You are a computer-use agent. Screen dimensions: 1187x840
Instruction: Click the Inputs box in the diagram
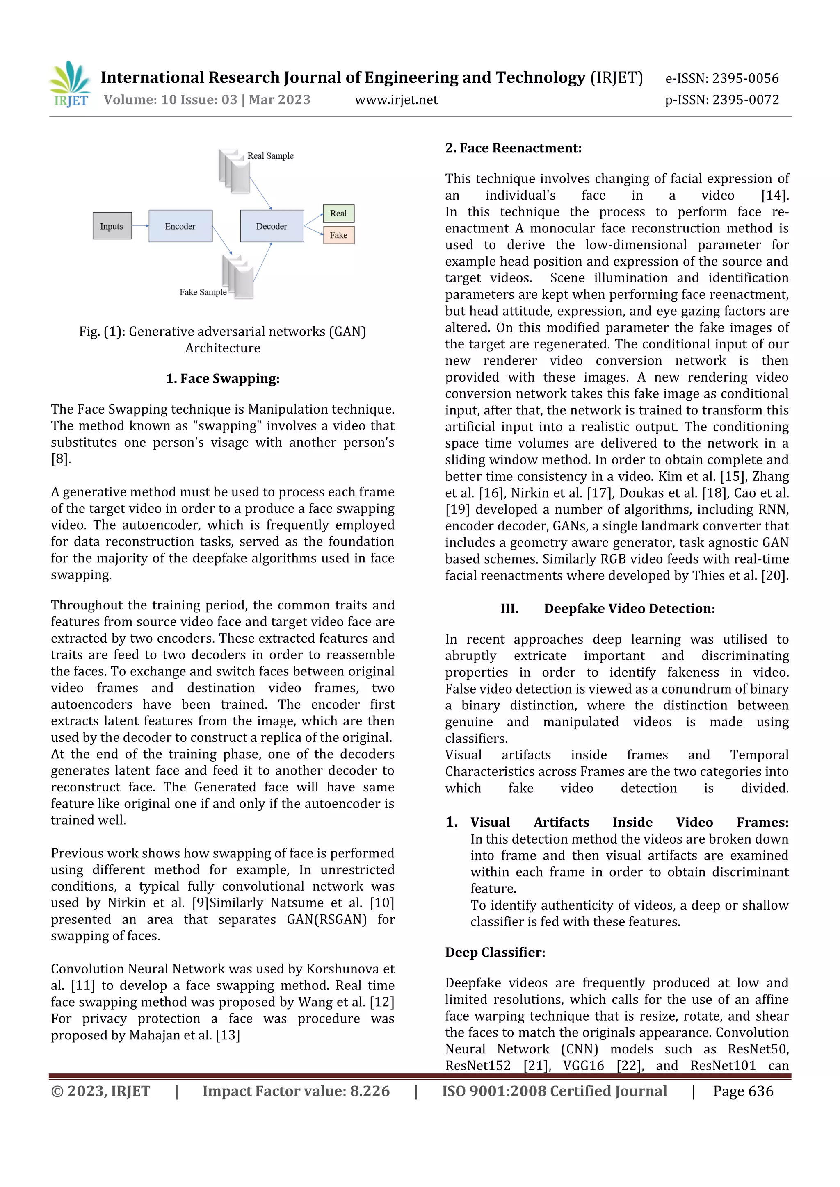(x=112, y=226)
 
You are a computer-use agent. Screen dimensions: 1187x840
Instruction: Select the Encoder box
(x=180, y=226)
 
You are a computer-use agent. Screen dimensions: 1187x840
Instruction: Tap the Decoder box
(x=272, y=226)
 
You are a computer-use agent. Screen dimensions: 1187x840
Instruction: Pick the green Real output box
(x=338, y=213)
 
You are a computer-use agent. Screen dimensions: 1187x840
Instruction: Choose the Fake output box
(x=338, y=235)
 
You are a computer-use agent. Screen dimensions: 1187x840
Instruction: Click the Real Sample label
(x=270, y=156)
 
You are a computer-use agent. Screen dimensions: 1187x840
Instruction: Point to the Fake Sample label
(x=203, y=292)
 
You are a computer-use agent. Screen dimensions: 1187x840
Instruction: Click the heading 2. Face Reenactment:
(x=513, y=148)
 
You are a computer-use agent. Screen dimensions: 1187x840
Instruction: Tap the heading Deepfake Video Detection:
(x=629, y=609)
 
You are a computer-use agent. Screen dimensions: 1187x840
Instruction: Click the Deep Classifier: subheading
(x=495, y=952)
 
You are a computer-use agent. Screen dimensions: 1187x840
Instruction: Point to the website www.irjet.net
(x=396, y=100)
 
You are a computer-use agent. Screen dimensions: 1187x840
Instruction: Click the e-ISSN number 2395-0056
(x=745, y=79)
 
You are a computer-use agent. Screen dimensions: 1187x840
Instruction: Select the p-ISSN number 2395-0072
(x=745, y=100)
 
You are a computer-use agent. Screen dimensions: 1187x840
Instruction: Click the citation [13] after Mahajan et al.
(x=228, y=1035)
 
